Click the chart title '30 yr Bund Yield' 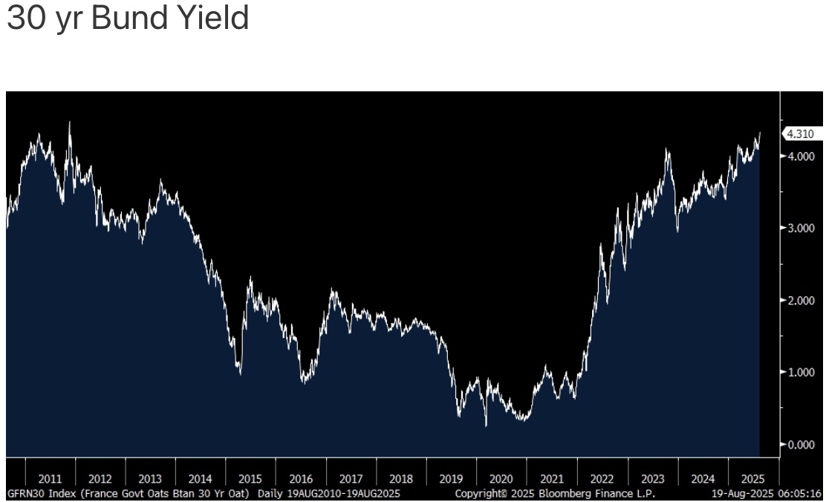click(127, 19)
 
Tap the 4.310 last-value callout click(800, 134)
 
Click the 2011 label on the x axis click(50, 479)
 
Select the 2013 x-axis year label click(150, 479)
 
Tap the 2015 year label click(250, 479)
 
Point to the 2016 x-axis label click(301, 479)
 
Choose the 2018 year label click(401, 479)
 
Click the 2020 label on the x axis click(501, 479)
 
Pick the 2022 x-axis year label click(602, 479)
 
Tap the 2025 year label click(750, 479)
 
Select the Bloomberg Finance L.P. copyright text click(555, 493)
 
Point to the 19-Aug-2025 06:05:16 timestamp click(766, 493)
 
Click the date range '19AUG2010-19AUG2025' click(344, 493)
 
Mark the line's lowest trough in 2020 click(486, 426)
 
